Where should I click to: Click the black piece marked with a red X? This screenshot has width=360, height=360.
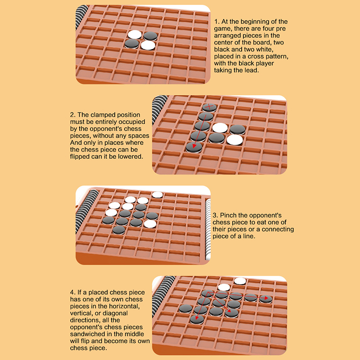[209, 107]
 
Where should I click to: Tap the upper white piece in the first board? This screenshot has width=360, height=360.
[135, 35]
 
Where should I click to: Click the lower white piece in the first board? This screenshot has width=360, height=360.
[148, 45]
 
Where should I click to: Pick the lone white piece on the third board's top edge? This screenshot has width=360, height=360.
[157, 195]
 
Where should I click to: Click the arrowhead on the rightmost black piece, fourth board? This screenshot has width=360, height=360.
[266, 298]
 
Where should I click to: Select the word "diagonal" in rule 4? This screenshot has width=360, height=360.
[115, 313]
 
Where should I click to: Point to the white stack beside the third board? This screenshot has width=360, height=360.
[208, 229]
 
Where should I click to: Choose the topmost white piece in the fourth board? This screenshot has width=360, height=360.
[240, 281]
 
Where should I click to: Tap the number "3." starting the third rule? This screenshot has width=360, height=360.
[216, 216]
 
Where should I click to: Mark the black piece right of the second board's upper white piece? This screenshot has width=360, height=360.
[238, 130]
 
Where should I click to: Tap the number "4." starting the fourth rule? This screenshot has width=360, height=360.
[73, 292]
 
